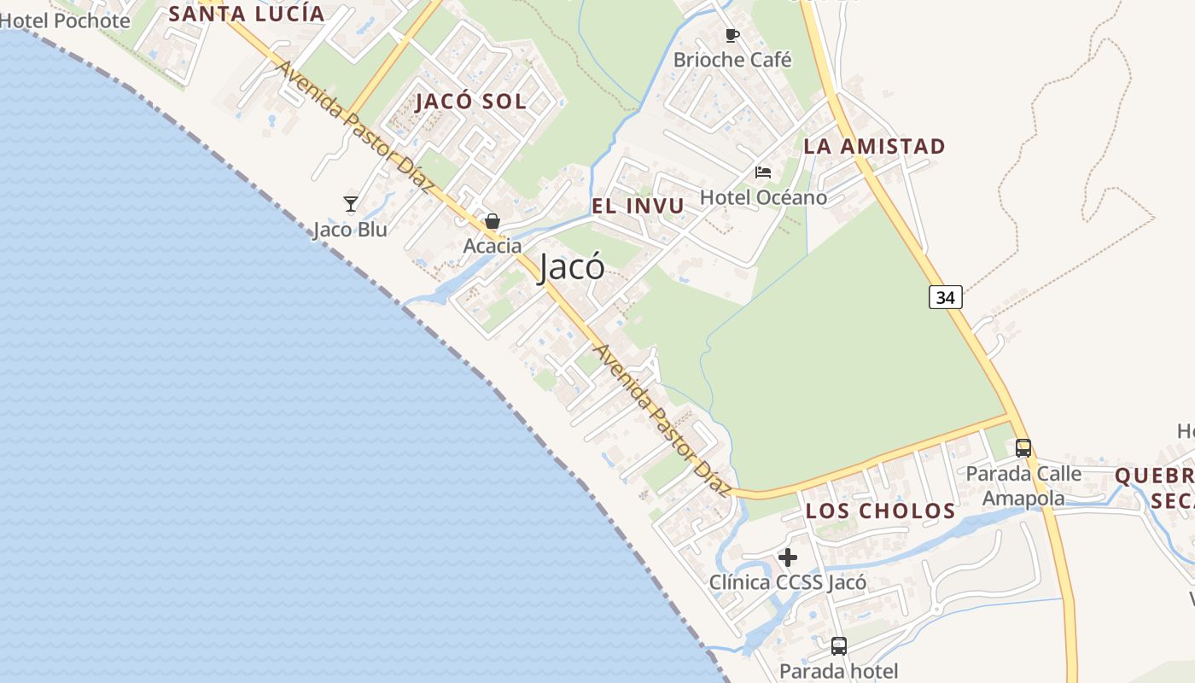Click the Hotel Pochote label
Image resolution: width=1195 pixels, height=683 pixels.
(x=66, y=20)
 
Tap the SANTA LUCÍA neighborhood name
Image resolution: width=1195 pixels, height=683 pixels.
(x=247, y=13)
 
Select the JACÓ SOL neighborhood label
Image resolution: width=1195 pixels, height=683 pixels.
(x=470, y=101)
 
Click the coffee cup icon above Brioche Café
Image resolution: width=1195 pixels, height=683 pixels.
(x=732, y=35)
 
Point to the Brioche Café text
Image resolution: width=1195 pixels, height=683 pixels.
(x=732, y=60)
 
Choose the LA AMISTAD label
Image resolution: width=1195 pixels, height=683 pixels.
(x=875, y=146)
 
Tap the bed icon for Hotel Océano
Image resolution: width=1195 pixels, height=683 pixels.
(x=763, y=172)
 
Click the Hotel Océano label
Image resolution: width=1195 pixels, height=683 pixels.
(x=763, y=197)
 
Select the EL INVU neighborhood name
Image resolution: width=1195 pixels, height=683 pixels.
(x=638, y=206)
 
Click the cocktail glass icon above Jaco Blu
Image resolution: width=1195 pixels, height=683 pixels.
(x=350, y=204)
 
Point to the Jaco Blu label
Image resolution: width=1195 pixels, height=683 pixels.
(x=350, y=229)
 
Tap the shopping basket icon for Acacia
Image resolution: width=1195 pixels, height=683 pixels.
(x=493, y=221)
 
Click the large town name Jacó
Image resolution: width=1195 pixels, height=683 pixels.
(x=572, y=267)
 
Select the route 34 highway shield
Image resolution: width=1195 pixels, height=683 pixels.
(x=946, y=297)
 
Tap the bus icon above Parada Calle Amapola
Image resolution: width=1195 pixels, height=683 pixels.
(x=1023, y=447)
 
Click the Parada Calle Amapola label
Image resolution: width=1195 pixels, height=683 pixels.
(x=1023, y=486)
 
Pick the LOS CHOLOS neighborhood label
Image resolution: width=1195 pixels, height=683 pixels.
(x=881, y=511)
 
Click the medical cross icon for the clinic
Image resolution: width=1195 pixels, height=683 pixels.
(x=788, y=557)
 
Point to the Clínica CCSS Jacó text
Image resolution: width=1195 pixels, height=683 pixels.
(x=788, y=582)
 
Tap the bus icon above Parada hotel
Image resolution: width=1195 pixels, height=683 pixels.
(x=839, y=646)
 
